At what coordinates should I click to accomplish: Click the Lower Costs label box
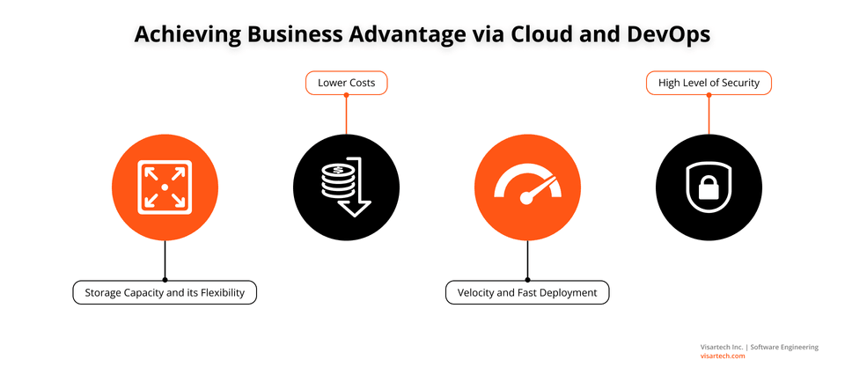click(347, 83)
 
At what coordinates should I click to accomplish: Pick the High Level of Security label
click(709, 83)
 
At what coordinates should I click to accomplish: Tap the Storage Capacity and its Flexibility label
click(165, 292)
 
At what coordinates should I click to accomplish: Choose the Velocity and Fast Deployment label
click(527, 292)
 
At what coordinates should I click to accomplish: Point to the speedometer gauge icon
click(527, 186)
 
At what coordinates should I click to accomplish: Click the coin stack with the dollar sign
click(334, 181)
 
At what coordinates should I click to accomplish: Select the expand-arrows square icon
click(165, 187)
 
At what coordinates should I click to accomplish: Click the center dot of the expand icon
click(165, 187)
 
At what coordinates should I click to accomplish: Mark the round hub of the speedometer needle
click(526, 198)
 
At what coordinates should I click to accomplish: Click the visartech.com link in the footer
click(723, 356)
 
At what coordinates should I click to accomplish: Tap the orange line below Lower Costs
click(346, 114)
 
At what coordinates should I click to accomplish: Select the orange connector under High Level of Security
click(709, 114)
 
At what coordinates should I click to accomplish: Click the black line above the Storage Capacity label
click(165, 261)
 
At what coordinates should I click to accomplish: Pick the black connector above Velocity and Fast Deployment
click(527, 261)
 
